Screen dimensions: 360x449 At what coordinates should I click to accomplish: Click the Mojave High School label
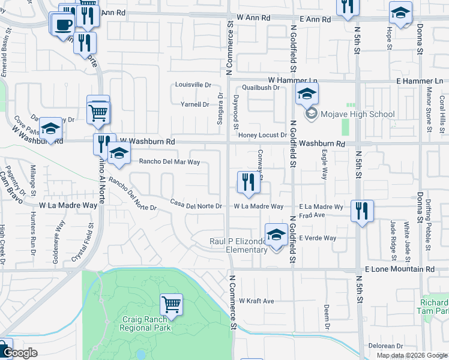(357, 114)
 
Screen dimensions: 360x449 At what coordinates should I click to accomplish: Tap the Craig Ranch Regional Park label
(145, 323)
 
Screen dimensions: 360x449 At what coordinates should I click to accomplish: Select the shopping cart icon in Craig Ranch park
(172, 304)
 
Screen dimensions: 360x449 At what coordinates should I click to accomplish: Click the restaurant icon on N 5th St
(362, 211)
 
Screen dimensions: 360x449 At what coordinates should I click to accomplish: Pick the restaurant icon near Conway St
(249, 182)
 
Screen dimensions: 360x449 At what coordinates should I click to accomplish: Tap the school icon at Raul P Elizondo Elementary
(276, 234)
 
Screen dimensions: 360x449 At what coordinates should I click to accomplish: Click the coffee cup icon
(63, 25)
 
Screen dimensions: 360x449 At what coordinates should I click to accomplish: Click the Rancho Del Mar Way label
(169, 161)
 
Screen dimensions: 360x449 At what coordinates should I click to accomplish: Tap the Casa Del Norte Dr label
(196, 206)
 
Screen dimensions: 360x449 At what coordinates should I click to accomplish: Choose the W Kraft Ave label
(256, 301)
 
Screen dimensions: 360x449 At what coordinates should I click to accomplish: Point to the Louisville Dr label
(193, 85)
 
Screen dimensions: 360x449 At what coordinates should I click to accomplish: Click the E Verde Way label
(318, 238)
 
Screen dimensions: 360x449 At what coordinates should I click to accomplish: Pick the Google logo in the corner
(20, 353)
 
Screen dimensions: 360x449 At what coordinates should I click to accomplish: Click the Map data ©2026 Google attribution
(411, 355)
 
